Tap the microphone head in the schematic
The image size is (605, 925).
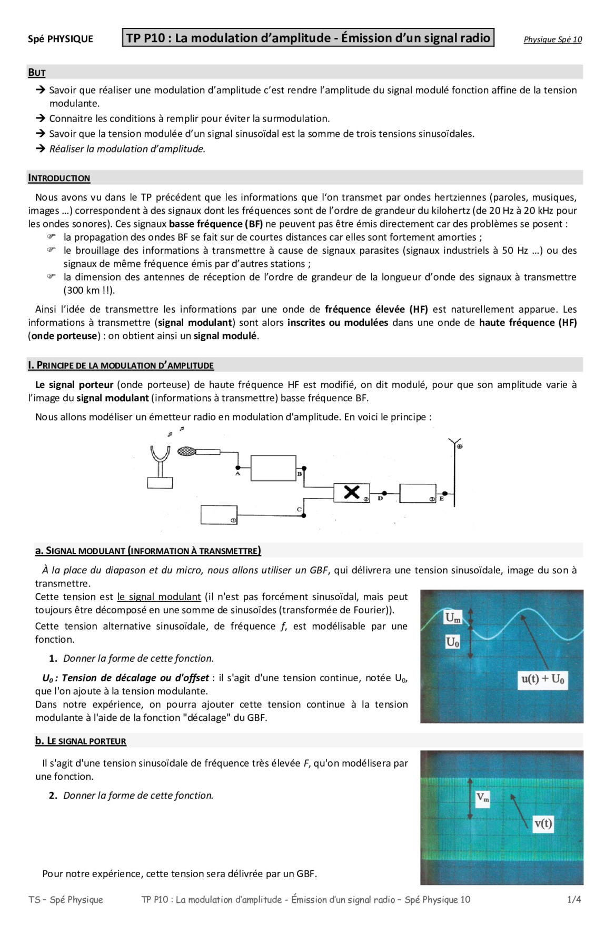point(186,451)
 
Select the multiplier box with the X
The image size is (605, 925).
point(351,493)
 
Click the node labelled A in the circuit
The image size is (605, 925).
point(238,468)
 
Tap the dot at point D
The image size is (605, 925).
point(384,493)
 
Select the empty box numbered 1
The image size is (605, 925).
point(219,515)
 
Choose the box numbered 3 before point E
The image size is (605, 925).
point(418,493)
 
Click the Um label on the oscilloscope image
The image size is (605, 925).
point(453,618)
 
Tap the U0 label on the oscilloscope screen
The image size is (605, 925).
point(453,642)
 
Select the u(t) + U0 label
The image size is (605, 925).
point(542,679)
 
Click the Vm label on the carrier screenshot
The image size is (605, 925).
point(482,798)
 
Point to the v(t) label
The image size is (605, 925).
point(543,823)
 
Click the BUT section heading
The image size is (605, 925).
point(37,73)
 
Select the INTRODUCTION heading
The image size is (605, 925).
point(59,178)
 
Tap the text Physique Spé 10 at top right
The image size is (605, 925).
point(552,39)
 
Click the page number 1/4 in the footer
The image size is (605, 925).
point(573,899)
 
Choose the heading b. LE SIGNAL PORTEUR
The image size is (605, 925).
point(81,741)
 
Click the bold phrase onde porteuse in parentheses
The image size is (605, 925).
point(64,336)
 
